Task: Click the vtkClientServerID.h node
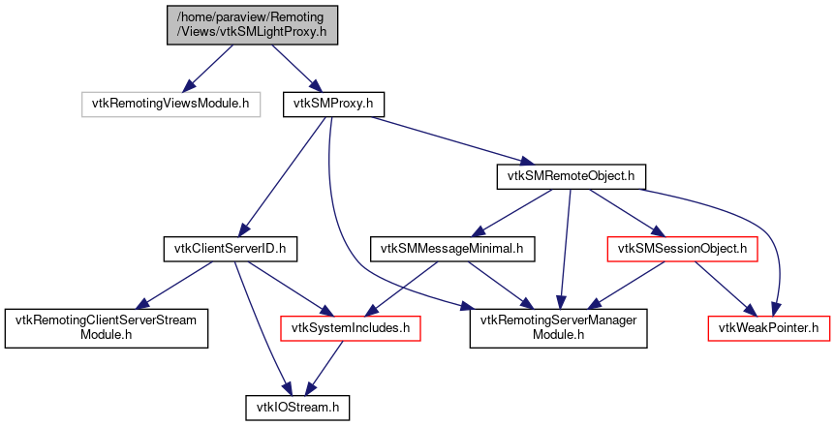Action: (x=229, y=250)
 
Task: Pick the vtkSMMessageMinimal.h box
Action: (x=451, y=250)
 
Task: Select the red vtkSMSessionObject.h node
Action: (x=681, y=250)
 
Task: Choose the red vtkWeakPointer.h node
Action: (x=768, y=328)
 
